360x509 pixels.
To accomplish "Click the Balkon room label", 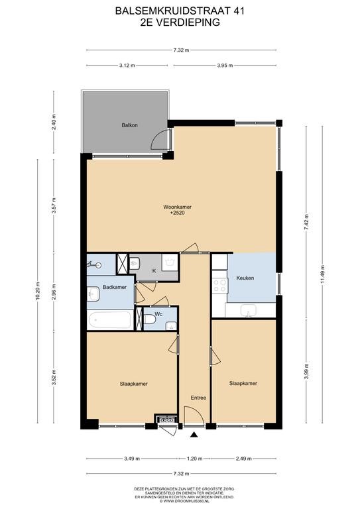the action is click(129, 125).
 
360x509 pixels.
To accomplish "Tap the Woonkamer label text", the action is click(177, 207).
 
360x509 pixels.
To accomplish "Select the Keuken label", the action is click(245, 278).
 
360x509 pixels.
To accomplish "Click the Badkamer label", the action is click(115, 287).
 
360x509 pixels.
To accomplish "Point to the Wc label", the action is click(158, 314).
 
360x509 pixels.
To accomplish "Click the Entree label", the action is click(198, 398).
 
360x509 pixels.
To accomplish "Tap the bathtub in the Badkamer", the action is click(110, 319).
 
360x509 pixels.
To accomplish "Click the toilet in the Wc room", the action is click(150, 319).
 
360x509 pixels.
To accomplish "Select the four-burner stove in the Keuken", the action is click(219, 286).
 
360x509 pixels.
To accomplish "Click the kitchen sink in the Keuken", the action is click(249, 310).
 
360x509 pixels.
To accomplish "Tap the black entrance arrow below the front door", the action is click(194, 435).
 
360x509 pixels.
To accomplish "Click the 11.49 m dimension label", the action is click(322, 274).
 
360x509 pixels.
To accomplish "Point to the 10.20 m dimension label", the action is click(38, 290).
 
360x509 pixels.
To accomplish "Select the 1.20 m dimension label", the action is click(194, 459).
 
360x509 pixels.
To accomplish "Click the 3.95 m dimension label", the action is click(225, 65).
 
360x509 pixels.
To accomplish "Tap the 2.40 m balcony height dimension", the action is click(54, 122).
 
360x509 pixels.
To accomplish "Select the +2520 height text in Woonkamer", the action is click(177, 213).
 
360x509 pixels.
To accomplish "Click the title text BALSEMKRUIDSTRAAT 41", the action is click(180, 11).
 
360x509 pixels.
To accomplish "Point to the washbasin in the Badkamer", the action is click(93, 294).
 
